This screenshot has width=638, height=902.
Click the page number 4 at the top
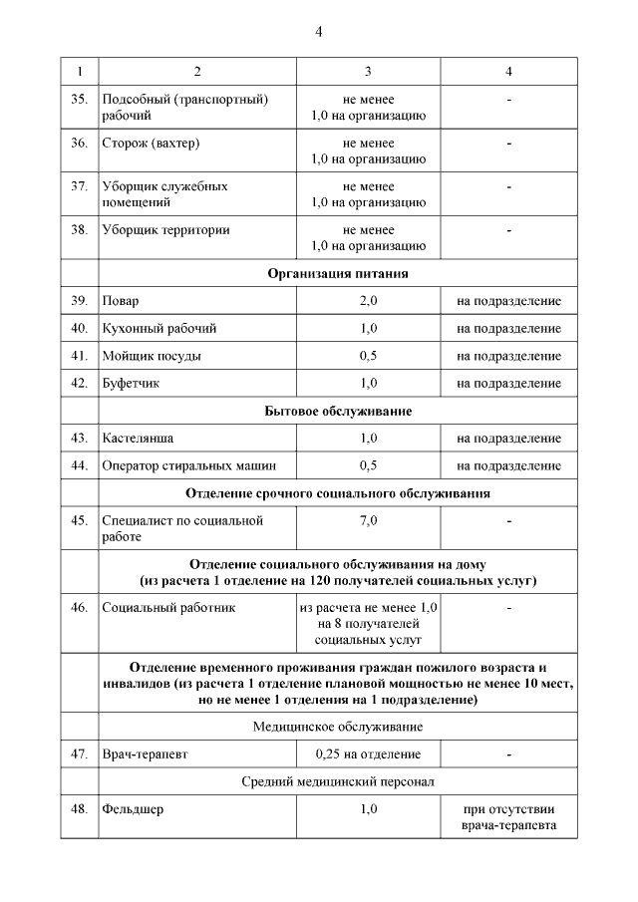pyautogui.click(x=318, y=31)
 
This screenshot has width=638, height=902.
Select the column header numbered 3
pyautogui.click(x=368, y=71)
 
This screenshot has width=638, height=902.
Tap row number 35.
pyautogui.click(x=79, y=100)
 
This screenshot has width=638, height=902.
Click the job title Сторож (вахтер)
pyautogui.click(x=151, y=143)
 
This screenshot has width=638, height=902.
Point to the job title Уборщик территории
pyautogui.click(x=165, y=229)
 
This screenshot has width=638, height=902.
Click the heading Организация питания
pyautogui.click(x=338, y=272)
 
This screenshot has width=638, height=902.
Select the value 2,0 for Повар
pyautogui.click(x=368, y=300)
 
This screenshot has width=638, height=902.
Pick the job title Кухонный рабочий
pyautogui.click(x=159, y=328)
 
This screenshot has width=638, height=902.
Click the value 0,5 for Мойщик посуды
pyautogui.click(x=368, y=356)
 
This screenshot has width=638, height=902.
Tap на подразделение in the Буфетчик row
pyautogui.click(x=508, y=383)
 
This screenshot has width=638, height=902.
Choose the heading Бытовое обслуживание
pyautogui.click(x=338, y=411)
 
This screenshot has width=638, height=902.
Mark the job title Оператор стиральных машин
pyautogui.click(x=188, y=465)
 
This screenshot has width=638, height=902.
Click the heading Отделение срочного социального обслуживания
pyautogui.click(x=338, y=493)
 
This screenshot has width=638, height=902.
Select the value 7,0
pyautogui.click(x=368, y=520)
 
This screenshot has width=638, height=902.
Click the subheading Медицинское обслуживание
pyautogui.click(x=338, y=727)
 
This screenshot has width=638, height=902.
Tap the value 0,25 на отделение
pyautogui.click(x=368, y=754)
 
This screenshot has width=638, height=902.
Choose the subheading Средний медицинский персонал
pyautogui.click(x=338, y=781)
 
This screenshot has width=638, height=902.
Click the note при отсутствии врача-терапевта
pyautogui.click(x=508, y=817)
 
